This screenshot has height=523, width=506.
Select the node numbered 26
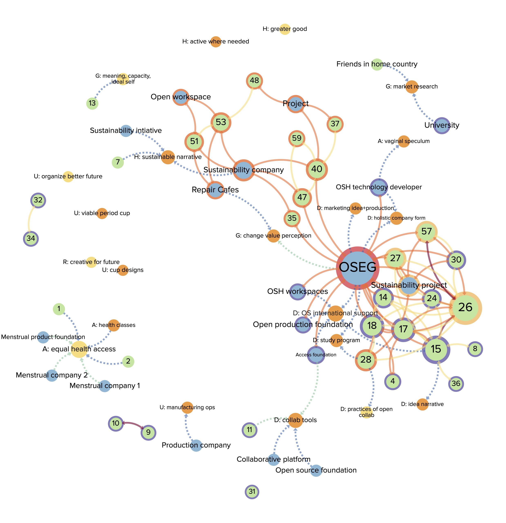[465, 308]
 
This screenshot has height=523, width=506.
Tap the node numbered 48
[254, 80]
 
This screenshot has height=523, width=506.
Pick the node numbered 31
[252, 492]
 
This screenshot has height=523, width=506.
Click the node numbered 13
[92, 103]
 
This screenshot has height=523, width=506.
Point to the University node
[442, 125]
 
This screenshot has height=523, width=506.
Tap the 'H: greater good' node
[285, 29]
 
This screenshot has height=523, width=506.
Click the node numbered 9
[148, 432]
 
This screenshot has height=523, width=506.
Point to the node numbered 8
[475, 349]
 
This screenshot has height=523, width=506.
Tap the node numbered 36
[456, 384]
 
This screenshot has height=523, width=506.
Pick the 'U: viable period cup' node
[102, 213]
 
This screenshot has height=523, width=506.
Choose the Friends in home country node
[377, 64]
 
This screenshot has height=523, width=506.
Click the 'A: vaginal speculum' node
[404, 141]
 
